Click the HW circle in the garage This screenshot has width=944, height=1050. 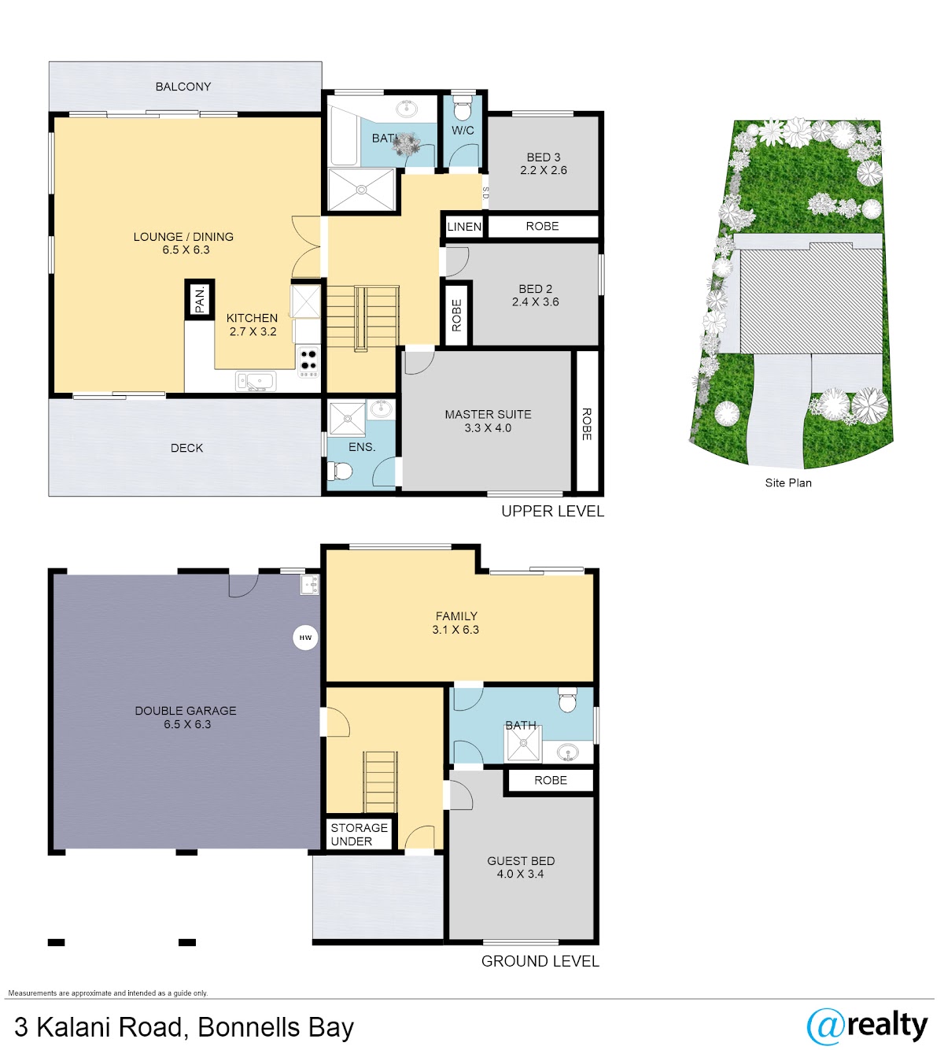(305, 638)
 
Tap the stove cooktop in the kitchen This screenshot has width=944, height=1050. (308, 361)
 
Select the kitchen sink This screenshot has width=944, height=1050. (256, 382)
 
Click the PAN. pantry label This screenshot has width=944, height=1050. (199, 299)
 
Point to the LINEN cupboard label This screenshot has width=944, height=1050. (464, 227)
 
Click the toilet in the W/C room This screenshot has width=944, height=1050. (462, 109)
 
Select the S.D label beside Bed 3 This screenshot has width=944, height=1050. (485, 193)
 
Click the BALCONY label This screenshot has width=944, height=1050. (183, 87)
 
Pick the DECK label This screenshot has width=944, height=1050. (186, 448)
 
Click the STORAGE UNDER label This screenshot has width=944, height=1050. (359, 834)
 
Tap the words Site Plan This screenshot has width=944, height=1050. (788, 482)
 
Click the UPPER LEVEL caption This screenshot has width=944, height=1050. (552, 512)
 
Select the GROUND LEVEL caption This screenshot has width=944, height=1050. (540, 962)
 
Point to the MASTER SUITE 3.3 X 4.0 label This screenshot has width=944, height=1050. (489, 421)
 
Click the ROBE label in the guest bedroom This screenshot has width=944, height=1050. (551, 781)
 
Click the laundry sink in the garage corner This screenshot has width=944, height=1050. (309, 584)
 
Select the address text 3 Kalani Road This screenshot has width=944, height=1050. (98, 1027)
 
